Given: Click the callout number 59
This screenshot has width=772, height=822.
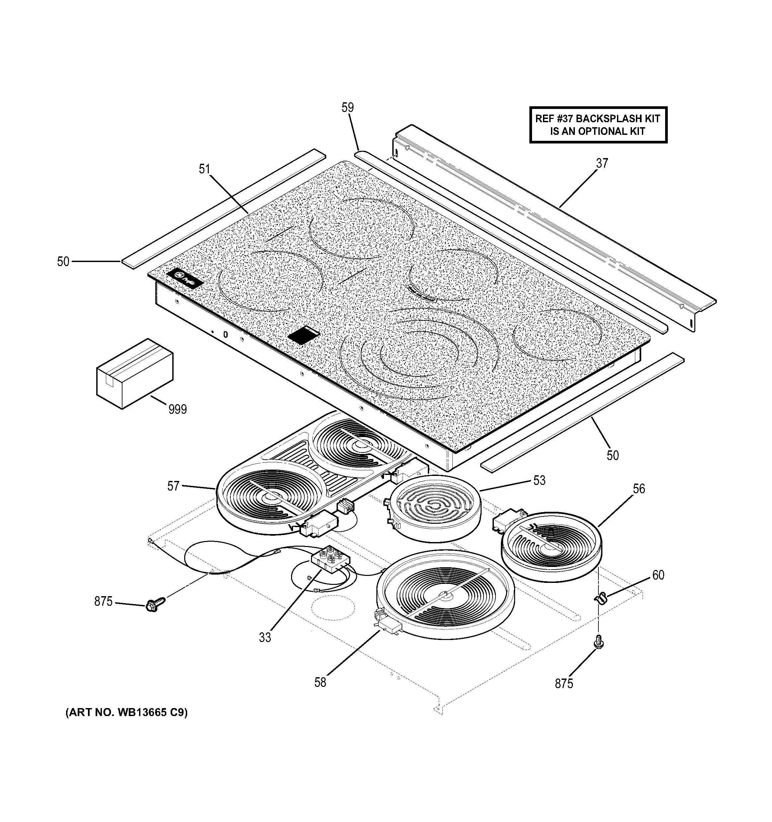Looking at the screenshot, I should click(347, 108).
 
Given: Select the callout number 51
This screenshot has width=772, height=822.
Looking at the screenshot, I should click(204, 169).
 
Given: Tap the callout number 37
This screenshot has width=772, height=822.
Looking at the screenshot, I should click(602, 163).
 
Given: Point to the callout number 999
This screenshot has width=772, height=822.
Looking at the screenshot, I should click(178, 410).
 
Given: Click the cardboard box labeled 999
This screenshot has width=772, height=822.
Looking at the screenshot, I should click(135, 373).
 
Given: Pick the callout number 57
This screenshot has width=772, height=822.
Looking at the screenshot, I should click(173, 486).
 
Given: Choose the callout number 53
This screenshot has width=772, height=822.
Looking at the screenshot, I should click(539, 481).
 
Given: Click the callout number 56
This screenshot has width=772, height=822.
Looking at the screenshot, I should click(639, 489).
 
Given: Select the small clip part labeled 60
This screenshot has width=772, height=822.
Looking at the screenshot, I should click(600, 597).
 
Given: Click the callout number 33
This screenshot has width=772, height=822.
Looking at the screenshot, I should click(265, 638).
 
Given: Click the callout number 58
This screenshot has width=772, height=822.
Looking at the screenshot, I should click(320, 682).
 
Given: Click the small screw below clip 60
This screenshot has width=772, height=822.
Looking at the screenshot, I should click(598, 653).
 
